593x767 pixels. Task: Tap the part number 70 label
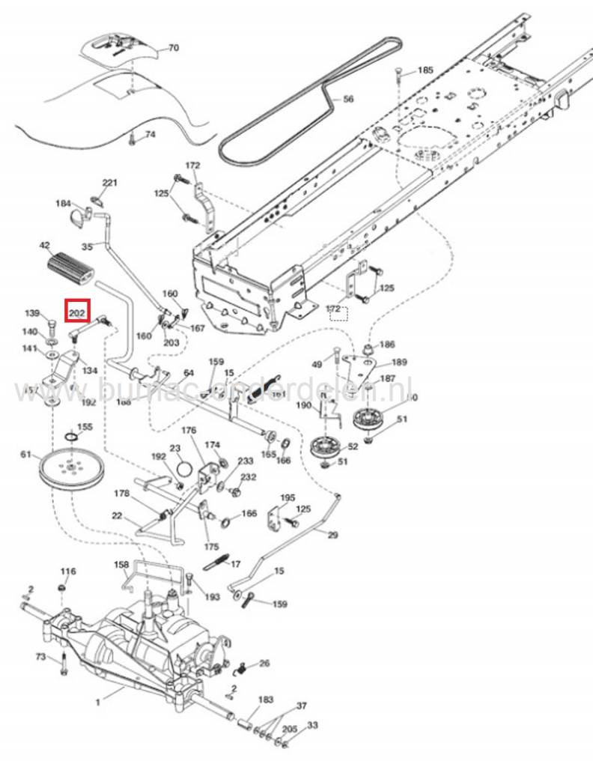click(173, 48)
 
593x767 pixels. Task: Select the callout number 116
click(68, 572)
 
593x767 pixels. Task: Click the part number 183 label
click(266, 700)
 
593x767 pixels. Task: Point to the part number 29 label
click(332, 535)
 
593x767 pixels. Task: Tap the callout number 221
click(110, 184)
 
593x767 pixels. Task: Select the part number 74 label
click(150, 135)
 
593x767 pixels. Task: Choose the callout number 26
click(264, 664)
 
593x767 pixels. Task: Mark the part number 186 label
click(387, 345)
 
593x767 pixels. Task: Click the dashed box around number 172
click(338, 310)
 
